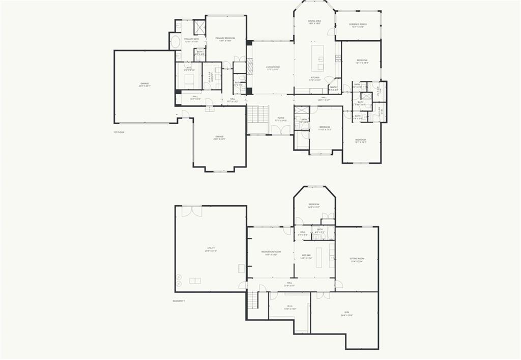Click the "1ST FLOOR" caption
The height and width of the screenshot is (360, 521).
(x=119, y=132)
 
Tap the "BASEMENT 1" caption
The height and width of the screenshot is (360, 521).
(x=179, y=301)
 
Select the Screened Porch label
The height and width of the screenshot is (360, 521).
(x=358, y=25)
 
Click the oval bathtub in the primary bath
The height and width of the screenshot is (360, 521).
(x=176, y=41)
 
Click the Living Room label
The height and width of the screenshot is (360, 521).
(x=273, y=68)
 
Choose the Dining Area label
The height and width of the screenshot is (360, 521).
(x=314, y=22)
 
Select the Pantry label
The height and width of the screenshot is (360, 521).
(x=334, y=89)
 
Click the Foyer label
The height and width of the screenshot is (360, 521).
(x=281, y=119)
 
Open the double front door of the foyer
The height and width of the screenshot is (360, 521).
(x=280, y=130)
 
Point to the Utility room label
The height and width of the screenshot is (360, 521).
(x=211, y=250)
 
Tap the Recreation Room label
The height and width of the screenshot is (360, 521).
(x=271, y=253)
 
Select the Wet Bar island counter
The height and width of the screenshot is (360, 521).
(x=319, y=257)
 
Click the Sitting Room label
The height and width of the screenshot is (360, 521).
(x=357, y=260)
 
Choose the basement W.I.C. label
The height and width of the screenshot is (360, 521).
(x=290, y=308)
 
